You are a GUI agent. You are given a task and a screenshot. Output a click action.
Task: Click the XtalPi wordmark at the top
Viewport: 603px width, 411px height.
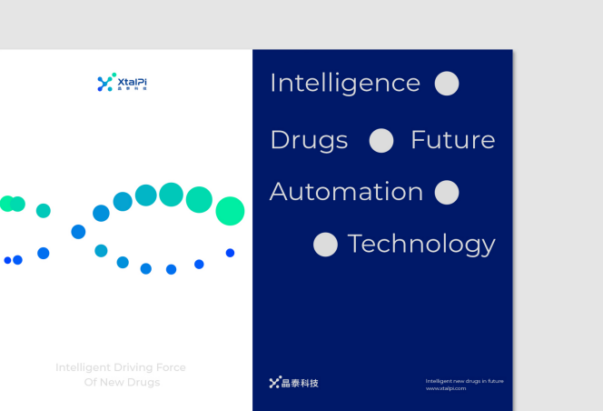[132, 81]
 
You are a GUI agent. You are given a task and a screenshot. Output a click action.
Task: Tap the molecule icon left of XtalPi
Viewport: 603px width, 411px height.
[105, 83]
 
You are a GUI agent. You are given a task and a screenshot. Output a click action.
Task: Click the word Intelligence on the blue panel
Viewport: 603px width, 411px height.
[345, 84]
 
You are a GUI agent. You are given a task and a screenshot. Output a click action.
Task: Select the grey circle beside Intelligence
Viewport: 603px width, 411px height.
[447, 84]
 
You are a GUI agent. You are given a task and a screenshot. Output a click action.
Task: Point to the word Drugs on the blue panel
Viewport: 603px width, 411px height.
[309, 140]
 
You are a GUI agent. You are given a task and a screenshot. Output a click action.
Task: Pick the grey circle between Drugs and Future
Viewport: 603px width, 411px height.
[381, 140]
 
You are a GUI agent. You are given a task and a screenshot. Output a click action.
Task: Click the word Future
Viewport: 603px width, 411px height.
[452, 140]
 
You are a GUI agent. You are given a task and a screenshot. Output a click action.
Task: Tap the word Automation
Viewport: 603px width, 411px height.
[346, 192]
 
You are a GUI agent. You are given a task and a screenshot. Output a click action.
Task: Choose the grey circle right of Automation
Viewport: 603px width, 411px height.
[447, 192]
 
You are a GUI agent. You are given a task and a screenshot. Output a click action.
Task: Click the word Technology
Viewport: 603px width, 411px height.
[421, 245]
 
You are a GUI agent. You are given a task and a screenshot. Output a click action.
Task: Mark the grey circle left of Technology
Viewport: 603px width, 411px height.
[325, 245]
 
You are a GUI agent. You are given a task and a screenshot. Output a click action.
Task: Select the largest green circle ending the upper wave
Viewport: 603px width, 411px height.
[231, 210]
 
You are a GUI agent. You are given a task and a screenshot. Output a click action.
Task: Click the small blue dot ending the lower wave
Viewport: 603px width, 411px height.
[230, 253]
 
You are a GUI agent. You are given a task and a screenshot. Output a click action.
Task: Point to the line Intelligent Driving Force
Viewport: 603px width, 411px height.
[121, 367]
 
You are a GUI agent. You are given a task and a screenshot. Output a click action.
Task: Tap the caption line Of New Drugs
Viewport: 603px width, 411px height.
[122, 383]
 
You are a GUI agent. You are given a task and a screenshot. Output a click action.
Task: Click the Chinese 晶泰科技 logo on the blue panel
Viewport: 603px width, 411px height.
[301, 383]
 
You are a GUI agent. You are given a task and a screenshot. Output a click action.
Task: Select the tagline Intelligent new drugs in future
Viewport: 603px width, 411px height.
[464, 380]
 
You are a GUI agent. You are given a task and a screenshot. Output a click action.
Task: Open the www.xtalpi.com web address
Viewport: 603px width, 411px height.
[446, 388]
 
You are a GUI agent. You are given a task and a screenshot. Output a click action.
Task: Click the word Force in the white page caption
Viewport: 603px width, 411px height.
[170, 367]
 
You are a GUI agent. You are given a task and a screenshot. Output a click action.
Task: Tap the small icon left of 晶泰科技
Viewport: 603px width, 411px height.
[274, 383]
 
